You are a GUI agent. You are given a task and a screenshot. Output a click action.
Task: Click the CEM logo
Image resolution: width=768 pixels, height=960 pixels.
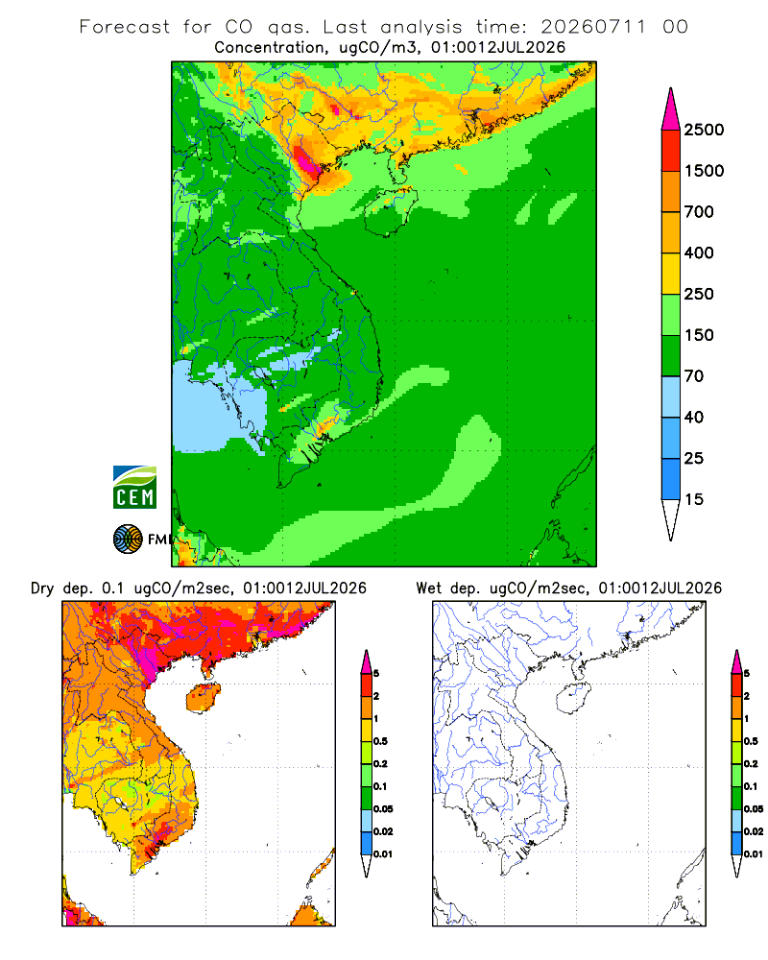(x=134, y=487)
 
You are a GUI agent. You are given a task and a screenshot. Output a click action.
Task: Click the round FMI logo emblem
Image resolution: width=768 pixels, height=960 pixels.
(x=128, y=539)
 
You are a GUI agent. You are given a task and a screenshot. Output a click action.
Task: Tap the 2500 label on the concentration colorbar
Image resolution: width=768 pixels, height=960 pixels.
(x=704, y=130)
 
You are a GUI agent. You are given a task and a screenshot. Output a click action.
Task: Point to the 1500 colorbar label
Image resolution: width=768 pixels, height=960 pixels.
(x=704, y=171)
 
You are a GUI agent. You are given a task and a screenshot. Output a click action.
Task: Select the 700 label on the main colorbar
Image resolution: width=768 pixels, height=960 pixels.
(x=699, y=212)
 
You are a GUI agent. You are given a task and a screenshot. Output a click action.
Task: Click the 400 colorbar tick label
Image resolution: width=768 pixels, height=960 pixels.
(x=699, y=252)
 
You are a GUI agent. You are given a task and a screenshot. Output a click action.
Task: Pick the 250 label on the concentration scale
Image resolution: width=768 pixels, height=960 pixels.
(x=699, y=294)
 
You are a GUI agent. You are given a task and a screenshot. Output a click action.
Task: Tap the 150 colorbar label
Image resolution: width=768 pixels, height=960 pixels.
(x=699, y=335)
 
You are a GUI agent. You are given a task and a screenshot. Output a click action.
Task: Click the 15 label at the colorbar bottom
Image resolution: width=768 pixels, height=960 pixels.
(x=694, y=499)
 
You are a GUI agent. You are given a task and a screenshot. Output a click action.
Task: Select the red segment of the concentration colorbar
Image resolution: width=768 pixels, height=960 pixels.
(x=671, y=151)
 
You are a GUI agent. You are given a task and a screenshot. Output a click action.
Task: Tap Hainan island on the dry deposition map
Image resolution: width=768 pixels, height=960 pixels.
(x=204, y=698)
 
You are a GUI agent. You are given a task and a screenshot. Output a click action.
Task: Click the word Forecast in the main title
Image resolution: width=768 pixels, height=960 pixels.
(x=125, y=27)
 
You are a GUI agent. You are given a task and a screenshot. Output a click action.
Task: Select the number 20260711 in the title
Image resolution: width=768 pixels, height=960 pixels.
(x=593, y=27)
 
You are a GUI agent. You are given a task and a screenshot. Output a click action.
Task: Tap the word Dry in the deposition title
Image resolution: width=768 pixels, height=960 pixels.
(x=42, y=588)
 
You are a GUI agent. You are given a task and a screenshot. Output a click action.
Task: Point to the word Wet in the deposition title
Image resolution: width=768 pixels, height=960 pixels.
(x=429, y=588)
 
